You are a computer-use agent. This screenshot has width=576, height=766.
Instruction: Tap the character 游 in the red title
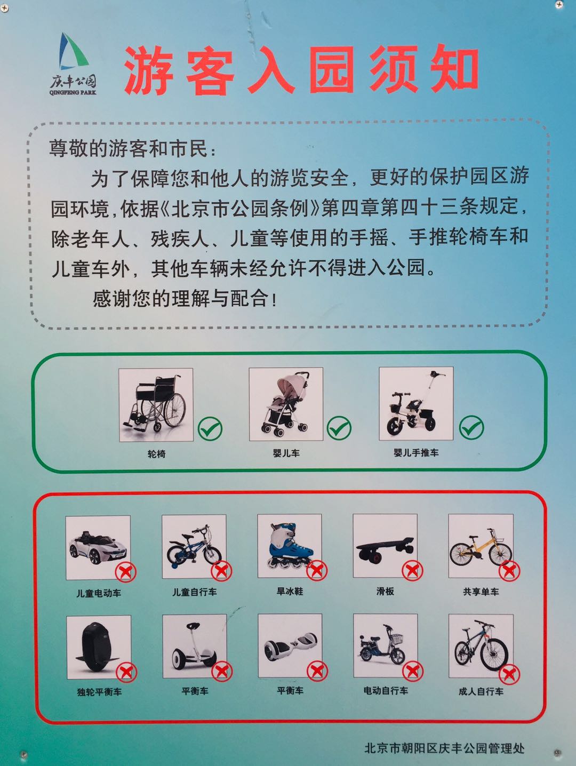(x=149, y=71)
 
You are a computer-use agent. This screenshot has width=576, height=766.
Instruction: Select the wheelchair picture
(x=156, y=404)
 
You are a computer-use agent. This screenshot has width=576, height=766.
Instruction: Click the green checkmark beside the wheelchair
(x=210, y=428)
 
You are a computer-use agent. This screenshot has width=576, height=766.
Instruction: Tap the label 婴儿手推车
(x=416, y=453)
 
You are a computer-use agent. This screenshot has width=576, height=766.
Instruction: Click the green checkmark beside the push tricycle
(x=471, y=427)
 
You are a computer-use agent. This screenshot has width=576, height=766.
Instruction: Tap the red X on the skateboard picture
(x=412, y=570)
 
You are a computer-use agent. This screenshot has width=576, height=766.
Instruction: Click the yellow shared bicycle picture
(x=481, y=547)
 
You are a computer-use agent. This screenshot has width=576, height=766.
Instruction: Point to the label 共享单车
(x=481, y=592)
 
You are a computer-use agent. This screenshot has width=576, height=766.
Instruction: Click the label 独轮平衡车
(x=99, y=692)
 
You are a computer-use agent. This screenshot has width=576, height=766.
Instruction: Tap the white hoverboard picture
(x=290, y=645)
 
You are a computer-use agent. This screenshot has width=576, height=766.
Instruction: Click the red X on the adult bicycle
(x=509, y=674)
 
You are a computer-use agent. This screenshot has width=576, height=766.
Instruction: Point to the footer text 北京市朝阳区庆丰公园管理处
(x=444, y=748)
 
